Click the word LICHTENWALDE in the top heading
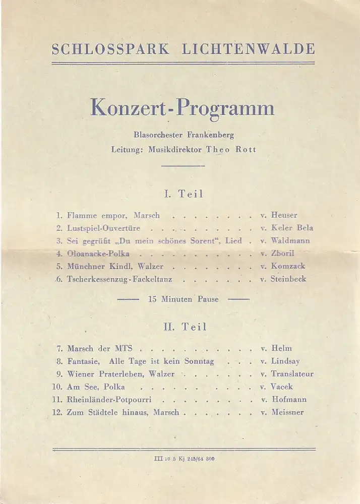coord(248,49)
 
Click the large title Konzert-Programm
coord(183,108)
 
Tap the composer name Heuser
coord(284,215)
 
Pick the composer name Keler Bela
coord(292,228)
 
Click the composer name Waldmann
coord(290,240)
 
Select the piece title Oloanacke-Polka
coord(98,254)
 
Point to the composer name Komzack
coord(288,266)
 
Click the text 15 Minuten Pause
coord(183,299)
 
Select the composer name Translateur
coord(292,374)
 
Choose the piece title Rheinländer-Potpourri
coord(109,400)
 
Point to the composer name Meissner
coord(288,412)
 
